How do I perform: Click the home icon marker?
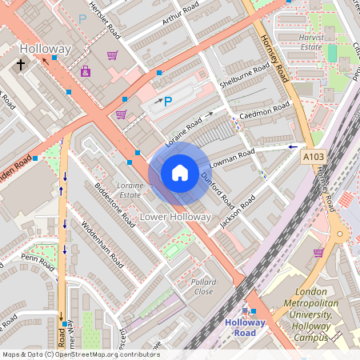[x=180, y=173]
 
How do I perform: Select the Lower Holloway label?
[x=175, y=217]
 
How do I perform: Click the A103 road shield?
[x=314, y=159]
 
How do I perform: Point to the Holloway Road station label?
[x=250, y=327]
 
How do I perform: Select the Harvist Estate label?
[x=310, y=42]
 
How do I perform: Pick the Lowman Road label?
[x=232, y=157]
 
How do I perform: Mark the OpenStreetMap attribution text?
[x=80, y=354]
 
